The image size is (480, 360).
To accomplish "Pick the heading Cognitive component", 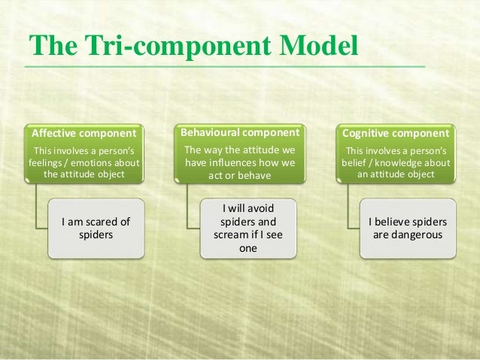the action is pos(393,134).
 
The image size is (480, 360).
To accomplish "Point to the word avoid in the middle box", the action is pos(261,208).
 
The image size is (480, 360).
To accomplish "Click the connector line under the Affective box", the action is pos(35,207).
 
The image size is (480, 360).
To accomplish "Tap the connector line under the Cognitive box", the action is pos(347,207).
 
